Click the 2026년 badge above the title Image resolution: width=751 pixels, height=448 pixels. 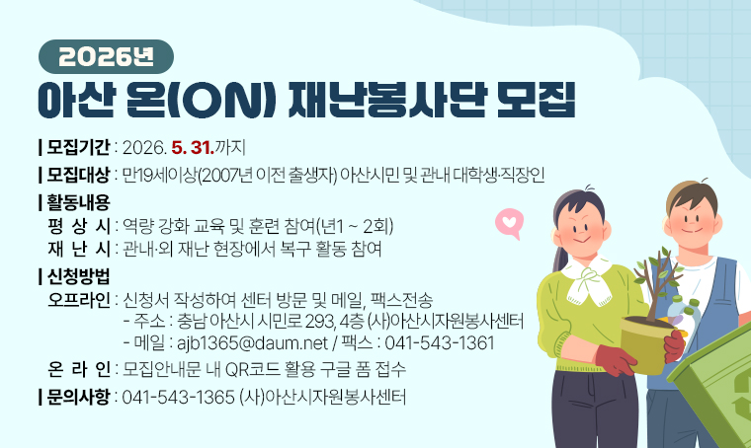pos(106,56)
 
